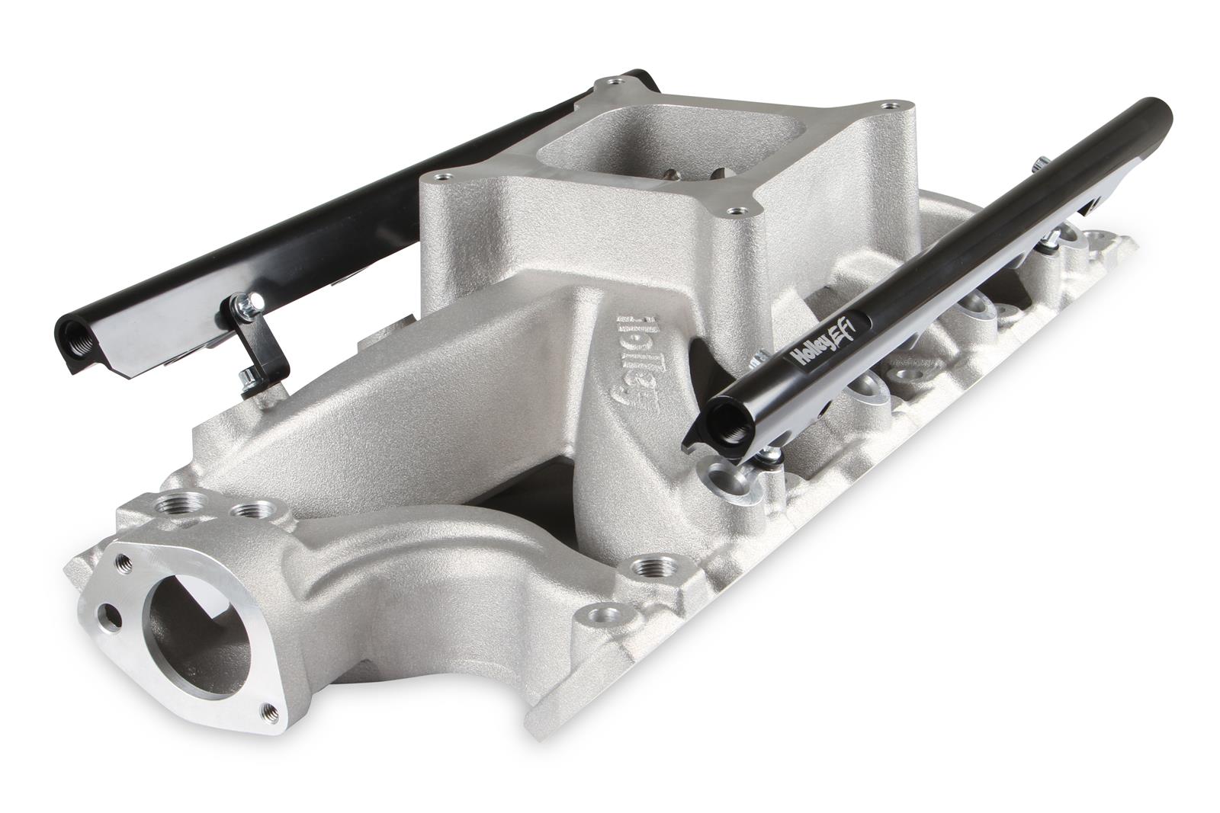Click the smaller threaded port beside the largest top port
click(243, 508)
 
